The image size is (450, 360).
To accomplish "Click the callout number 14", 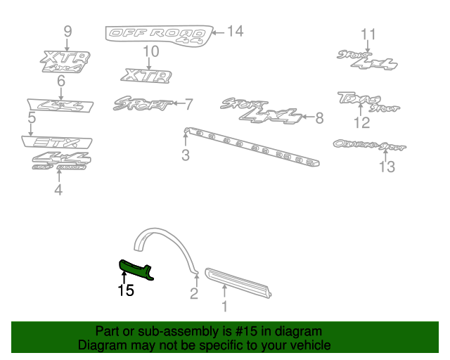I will pyautogui.click(x=235, y=31).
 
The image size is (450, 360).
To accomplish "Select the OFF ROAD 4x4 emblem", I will pyautogui.click(x=157, y=34).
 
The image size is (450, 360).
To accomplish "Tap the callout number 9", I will pyautogui.click(x=67, y=31).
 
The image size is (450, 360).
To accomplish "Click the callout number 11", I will pyautogui.click(x=368, y=34).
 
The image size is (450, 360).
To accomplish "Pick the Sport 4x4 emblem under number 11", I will pyautogui.click(x=366, y=61).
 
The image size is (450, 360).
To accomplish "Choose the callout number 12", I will pyautogui.click(x=361, y=124).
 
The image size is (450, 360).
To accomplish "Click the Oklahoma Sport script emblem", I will pyautogui.click(x=369, y=146).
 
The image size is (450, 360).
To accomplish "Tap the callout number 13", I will pyautogui.click(x=387, y=167).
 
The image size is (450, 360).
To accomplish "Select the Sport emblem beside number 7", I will pyautogui.click(x=143, y=104).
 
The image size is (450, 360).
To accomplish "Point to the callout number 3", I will pyautogui.click(x=186, y=155).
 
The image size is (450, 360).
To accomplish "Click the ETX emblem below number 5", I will pyautogui.click(x=56, y=142).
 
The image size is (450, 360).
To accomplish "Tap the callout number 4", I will pyautogui.click(x=58, y=190).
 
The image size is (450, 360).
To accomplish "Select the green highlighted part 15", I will pyautogui.click(x=136, y=269).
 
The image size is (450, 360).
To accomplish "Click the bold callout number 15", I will pyautogui.click(x=126, y=290).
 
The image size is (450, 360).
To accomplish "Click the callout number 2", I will pyautogui.click(x=194, y=294).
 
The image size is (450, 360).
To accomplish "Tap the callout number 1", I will pyautogui.click(x=225, y=306).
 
